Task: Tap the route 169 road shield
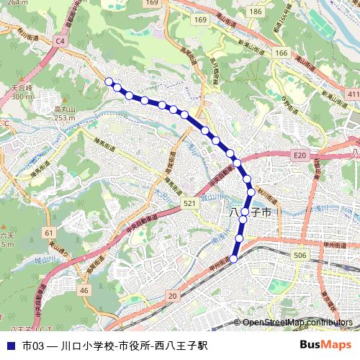tap(150, 4)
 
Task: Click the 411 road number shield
tap(352, 94)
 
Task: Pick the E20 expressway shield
tap(300, 156)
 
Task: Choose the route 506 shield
tap(300, 256)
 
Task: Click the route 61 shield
tap(49, 233)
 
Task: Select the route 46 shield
tap(84, 290)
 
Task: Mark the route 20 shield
tap(171, 296)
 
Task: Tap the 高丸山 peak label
tap(64, 109)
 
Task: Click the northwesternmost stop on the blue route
tap(109, 82)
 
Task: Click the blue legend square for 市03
tap(10, 346)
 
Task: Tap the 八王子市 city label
tap(249, 213)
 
